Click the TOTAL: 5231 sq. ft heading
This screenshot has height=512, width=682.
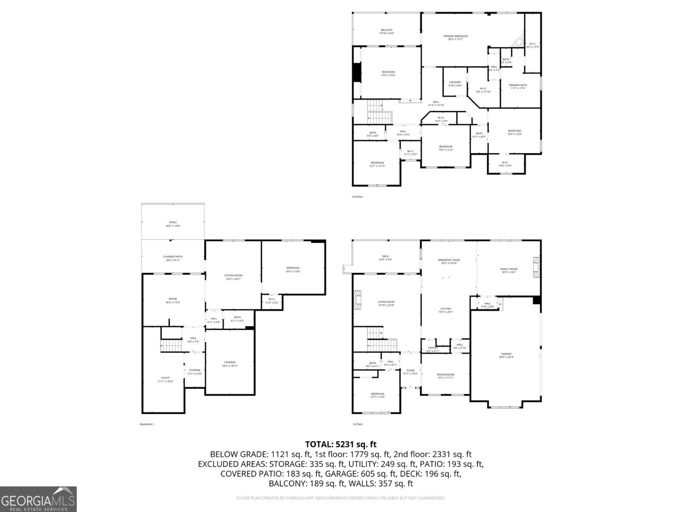click(x=341, y=444)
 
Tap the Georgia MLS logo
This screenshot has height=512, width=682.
click(x=38, y=499)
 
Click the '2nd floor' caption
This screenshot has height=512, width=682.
click(x=357, y=197)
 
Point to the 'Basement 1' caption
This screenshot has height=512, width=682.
click(x=147, y=424)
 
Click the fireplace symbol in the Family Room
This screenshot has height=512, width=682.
click(x=536, y=267)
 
